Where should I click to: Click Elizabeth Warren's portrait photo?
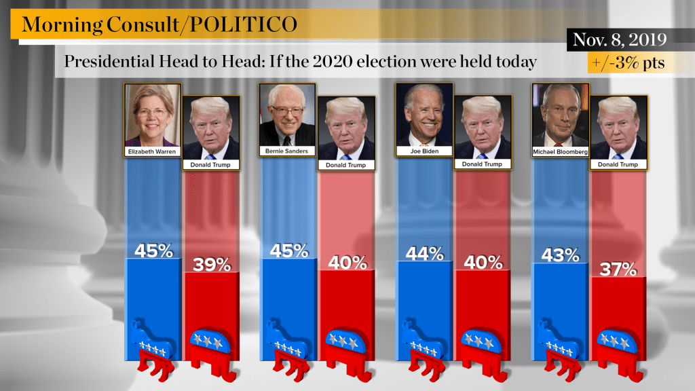pyautogui.click(x=153, y=114)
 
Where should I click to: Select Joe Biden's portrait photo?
pyautogui.click(x=424, y=114)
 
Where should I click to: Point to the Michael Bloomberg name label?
pyautogui.click(x=560, y=151)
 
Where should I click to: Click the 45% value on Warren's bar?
pyautogui.click(x=153, y=250)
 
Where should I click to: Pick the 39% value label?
pyautogui.click(x=211, y=265)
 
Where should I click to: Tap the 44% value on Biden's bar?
pyautogui.click(x=424, y=254)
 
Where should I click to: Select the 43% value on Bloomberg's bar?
pyautogui.click(x=560, y=255)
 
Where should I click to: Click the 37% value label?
pyautogui.click(x=618, y=269)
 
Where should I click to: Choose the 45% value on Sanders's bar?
pyautogui.click(x=288, y=250)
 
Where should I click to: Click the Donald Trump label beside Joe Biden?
pyautogui.click(x=482, y=164)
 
